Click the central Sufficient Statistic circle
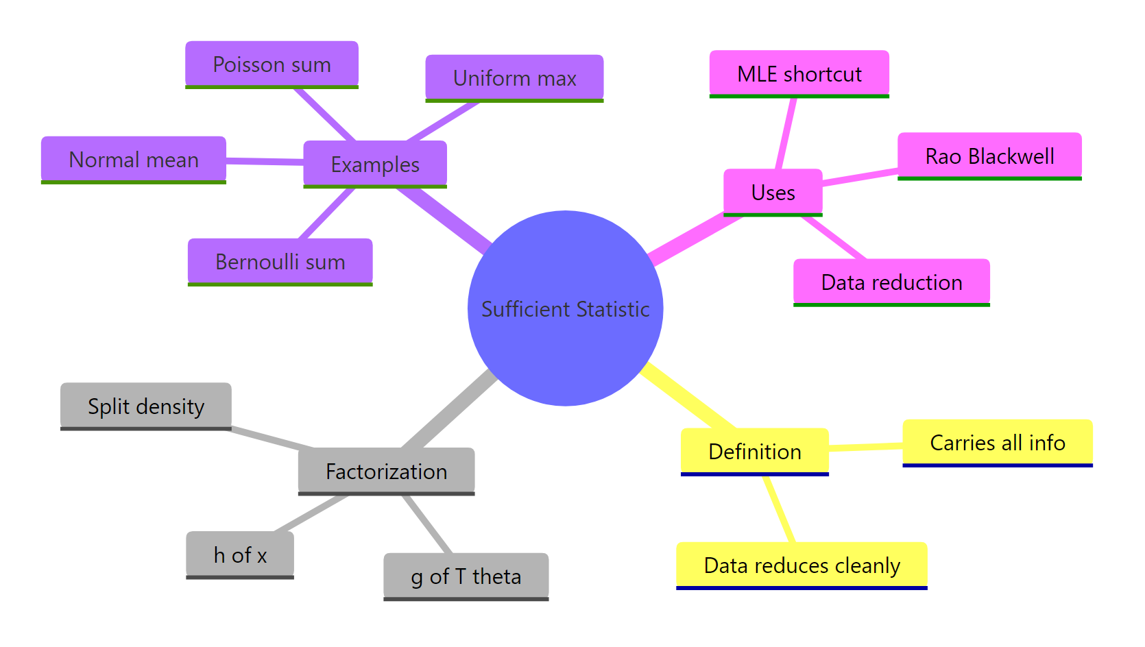(x=565, y=308)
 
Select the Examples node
(x=375, y=164)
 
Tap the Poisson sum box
(x=272, y=64)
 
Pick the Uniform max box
(x=514, y=78)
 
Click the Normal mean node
(x=134, y=160)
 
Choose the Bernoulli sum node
(x=280, y=262)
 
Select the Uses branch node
(x=773, y=193)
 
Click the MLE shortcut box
(x=799, y=74)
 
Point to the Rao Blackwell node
(x=989, y=156)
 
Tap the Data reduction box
(x=891, y=282)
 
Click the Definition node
(x=754, y=452)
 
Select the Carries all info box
(x=997, y=443)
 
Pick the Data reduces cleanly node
(x=801, y=565)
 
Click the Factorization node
(x=386, y=472)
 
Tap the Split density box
(x=146, y=406)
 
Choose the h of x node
(x=240, y=555)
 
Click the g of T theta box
(x=466, y=576)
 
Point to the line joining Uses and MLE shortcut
(x=786, y=134)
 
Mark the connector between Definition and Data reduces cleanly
(x=780, y=510)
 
